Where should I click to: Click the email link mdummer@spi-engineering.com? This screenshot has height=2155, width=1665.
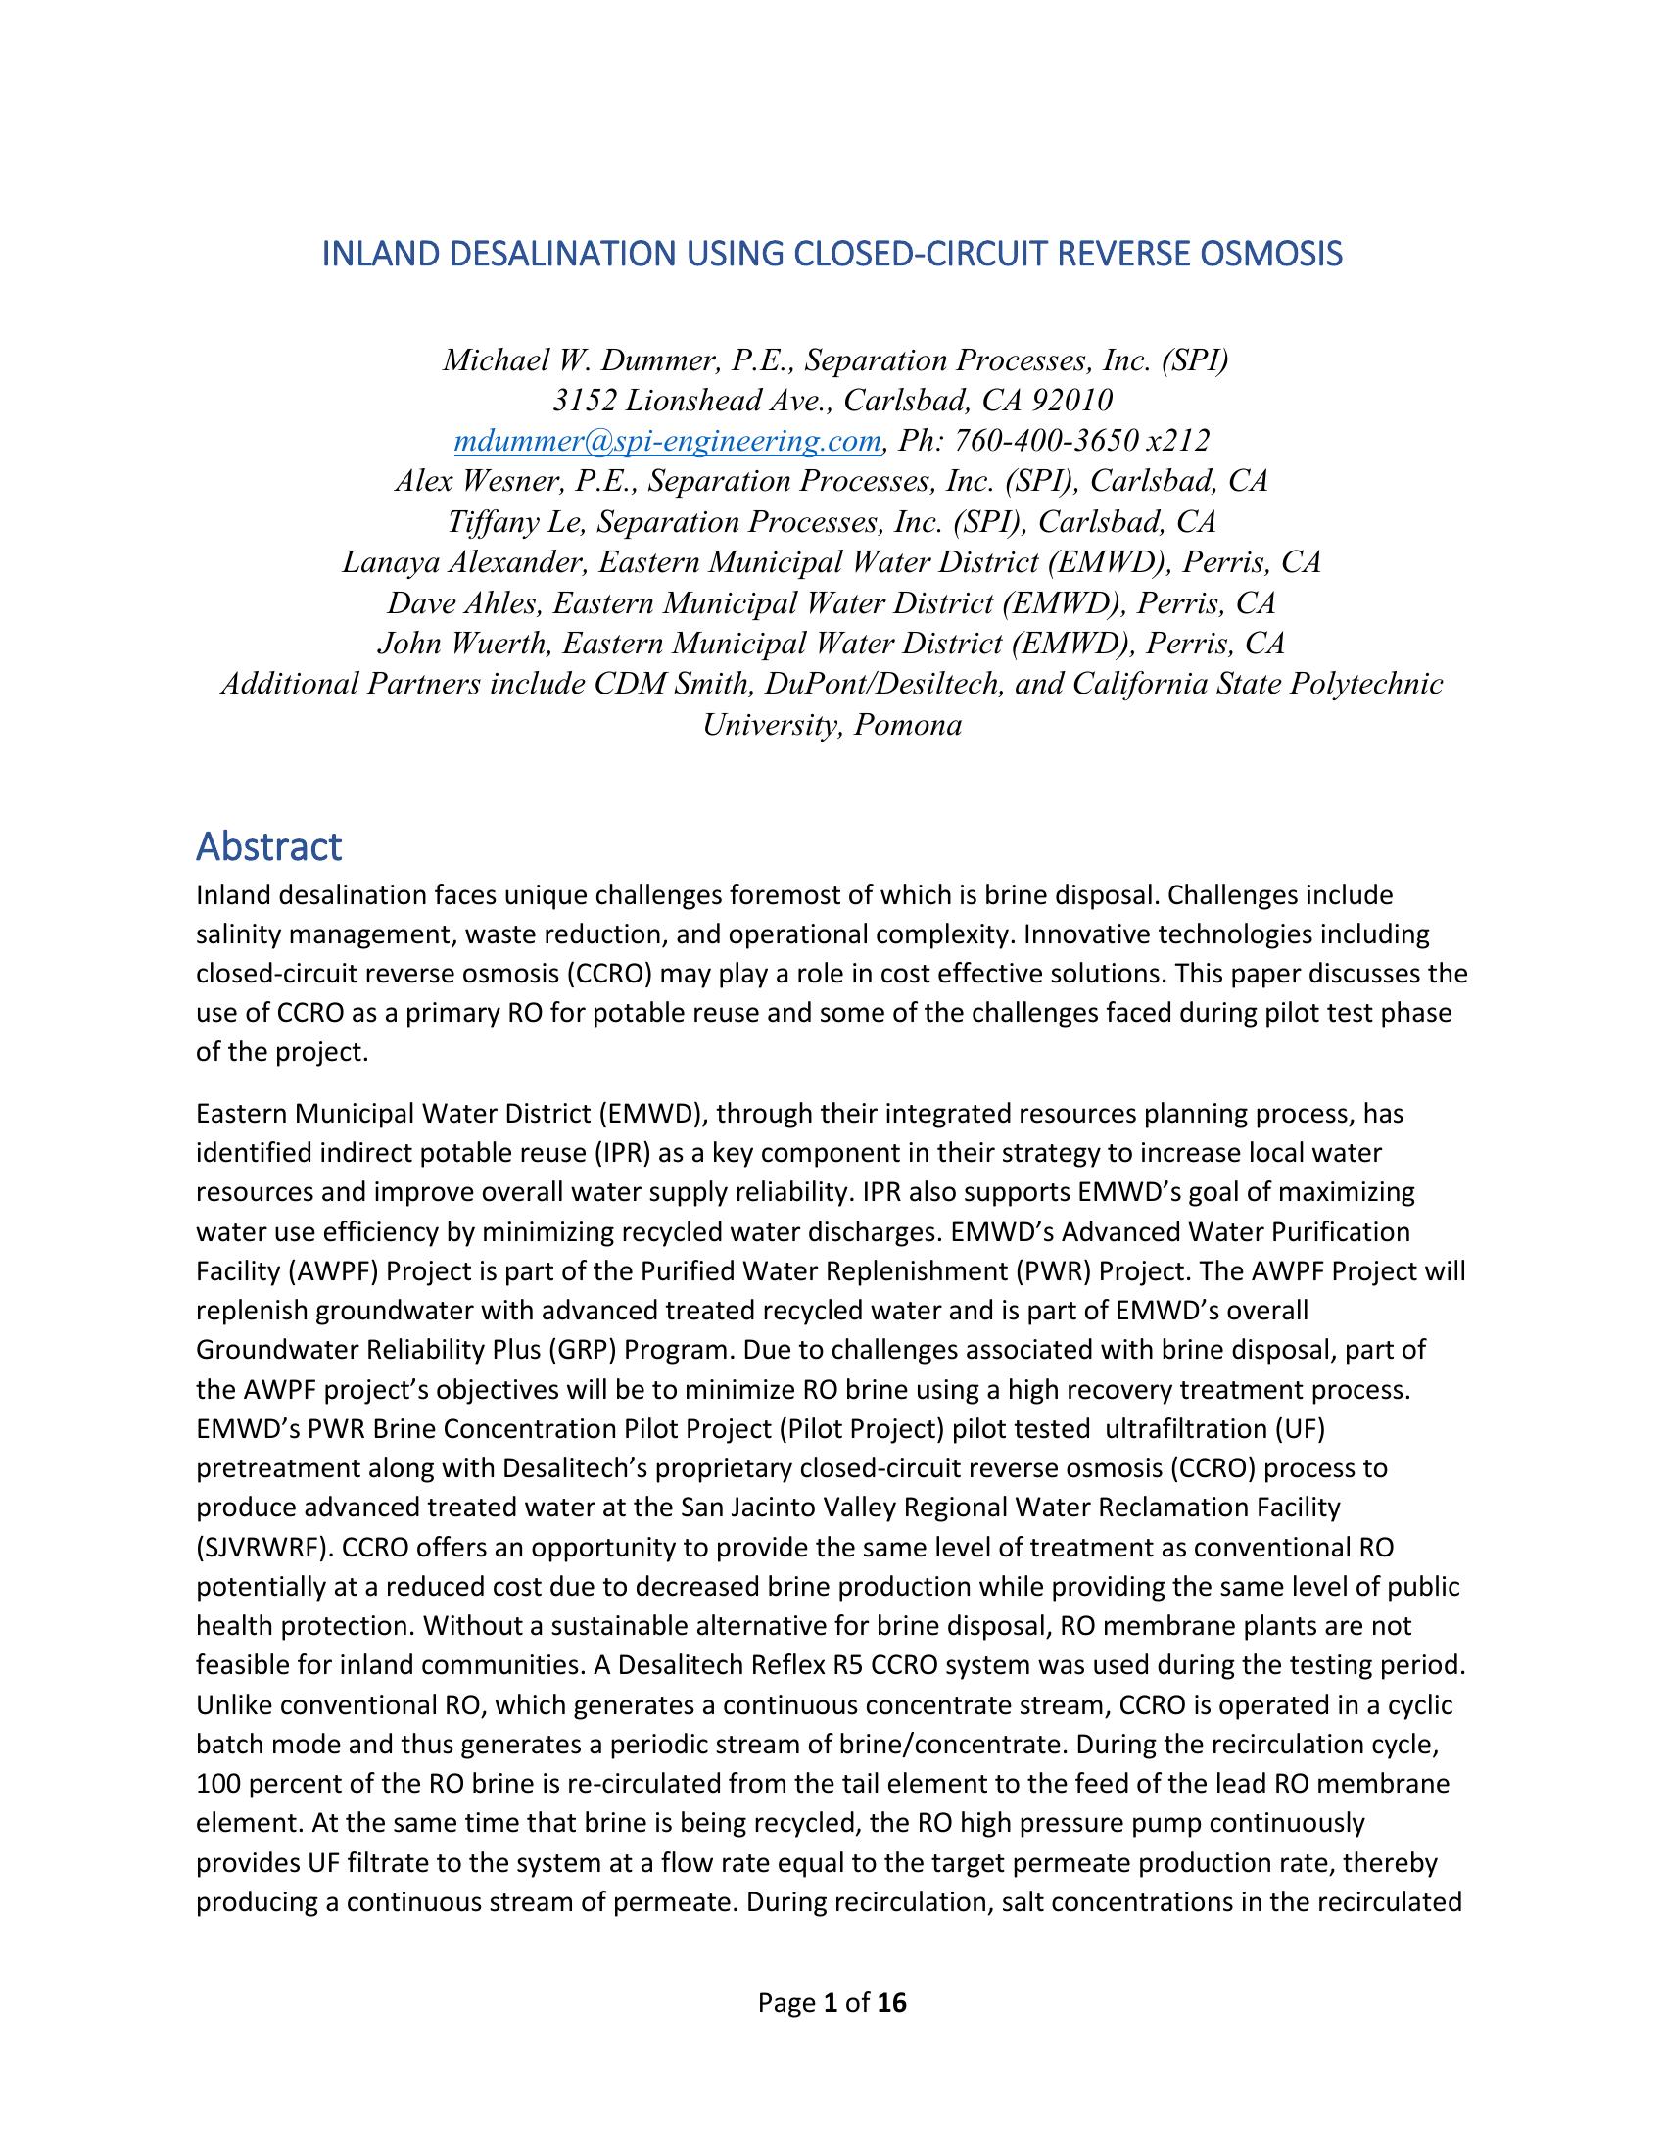(x=667, y=440)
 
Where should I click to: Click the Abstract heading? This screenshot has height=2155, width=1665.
(x=268, y=846)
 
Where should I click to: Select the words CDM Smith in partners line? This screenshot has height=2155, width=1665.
(x=657, y=684)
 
